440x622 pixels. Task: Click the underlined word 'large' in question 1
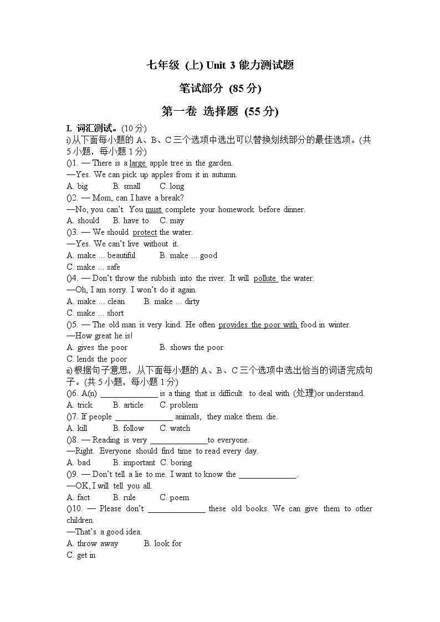pyautogui.click(x=137, y=163)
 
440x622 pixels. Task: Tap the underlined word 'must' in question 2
pyautogui.click(x=154, y=209)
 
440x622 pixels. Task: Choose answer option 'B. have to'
pyautogui.click(x=131, y=220)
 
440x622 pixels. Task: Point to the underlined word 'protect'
pyautogui.click(x=145, y=233)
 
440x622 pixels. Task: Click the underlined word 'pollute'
pyautogui.click(x=265, y=279)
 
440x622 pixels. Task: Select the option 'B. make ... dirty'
pyautogui.click(x=171, y=301)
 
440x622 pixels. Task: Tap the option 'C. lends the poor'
pyautogui.click(x=96, y=359)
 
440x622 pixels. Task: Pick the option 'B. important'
pyautogui.click(x=134, y=462)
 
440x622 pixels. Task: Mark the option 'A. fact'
pyautogui.click(x=78, y=497)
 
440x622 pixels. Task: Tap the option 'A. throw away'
pyautogui.click(x=92, y=543)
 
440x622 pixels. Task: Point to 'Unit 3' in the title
pyautogui.click(x=221, y=65)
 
